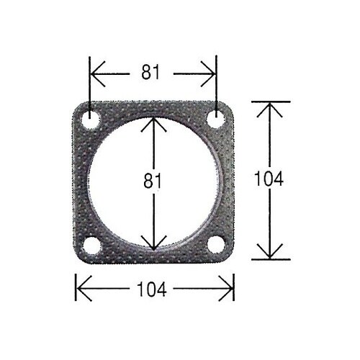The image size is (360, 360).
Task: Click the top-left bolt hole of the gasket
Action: [x=91, y=120]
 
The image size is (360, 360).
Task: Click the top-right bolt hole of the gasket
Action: [x=216, y=120]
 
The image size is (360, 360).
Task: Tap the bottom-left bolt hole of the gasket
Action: [x=91, y=246]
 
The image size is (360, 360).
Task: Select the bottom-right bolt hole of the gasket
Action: [x=216, y=244]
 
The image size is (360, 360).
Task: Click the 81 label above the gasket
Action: [x=150, y=72]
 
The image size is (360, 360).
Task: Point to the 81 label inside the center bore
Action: [x=153, y=181]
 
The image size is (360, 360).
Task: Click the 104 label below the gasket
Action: [x=152, y=289]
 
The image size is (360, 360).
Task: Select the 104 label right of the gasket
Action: [x=269, y=179]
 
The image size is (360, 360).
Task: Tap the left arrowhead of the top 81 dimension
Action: [x=97, y=73]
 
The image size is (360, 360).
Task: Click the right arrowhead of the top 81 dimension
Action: [x=208, y=73]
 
